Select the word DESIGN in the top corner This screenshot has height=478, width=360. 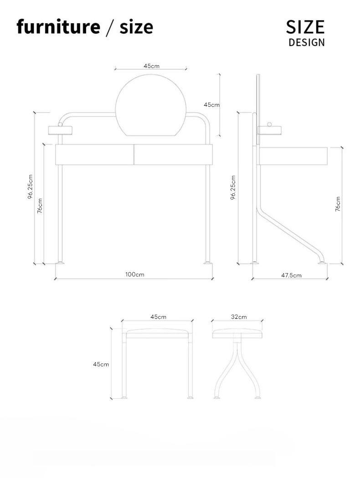tap(306, 42)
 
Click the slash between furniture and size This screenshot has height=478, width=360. tap(110, 27)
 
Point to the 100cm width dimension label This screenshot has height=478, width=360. tap(134, 275)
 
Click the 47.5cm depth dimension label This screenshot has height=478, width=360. tap(291, 275)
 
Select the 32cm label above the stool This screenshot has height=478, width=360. tap(239, 317)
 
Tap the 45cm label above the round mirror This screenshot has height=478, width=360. tap(151, 66)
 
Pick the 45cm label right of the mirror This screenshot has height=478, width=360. tap(211, 104)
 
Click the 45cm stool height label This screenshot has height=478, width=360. tap(101, 364)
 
